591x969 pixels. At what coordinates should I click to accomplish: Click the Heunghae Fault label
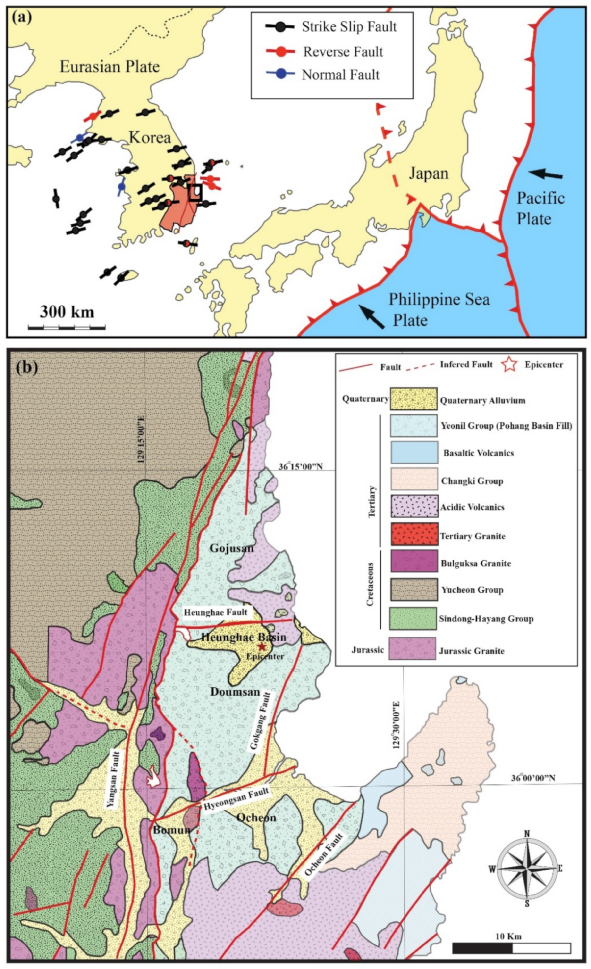pos(216,612)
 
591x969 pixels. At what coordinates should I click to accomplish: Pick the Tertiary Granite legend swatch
pos(414,534)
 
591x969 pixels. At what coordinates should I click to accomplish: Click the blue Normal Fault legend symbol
pos(280,74)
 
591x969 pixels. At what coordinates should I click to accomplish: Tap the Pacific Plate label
pos(540,208)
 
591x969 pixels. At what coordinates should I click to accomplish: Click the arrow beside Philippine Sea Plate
pos(372,317)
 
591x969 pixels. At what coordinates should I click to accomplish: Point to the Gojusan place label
pos(231,548)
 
